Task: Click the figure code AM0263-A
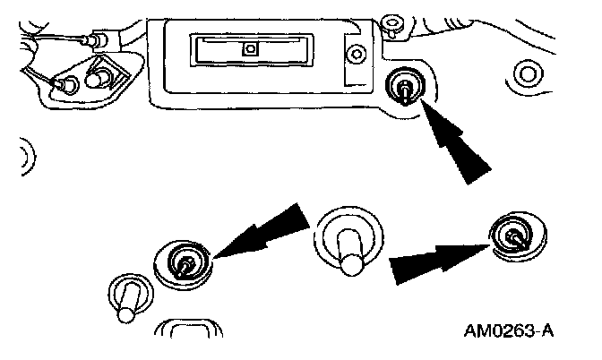[508, 332]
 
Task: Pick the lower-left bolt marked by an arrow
[185, 264]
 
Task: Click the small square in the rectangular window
[251, 49]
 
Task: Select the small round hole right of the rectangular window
[357, 55]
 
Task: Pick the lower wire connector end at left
[64, 85]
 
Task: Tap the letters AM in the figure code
[476, 332]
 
